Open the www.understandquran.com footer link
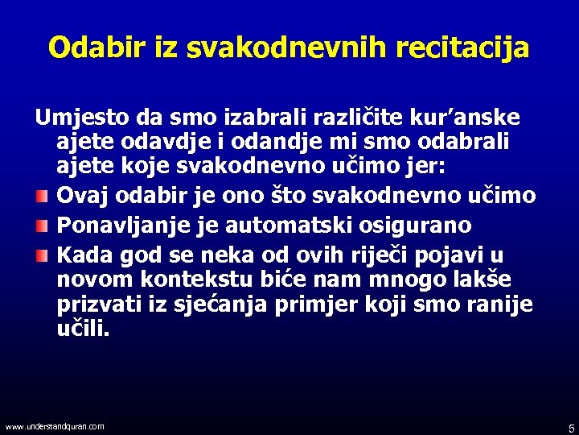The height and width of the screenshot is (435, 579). coord(54,426)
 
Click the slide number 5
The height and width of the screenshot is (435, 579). coord(571,428)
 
